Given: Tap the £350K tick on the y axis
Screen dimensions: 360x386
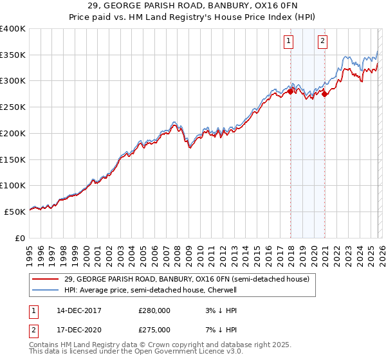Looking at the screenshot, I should click(x=13, y=55).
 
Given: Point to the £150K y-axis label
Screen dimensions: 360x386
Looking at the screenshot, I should click(x=13, y=159).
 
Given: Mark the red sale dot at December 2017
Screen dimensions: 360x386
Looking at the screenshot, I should click(x=290, y=91).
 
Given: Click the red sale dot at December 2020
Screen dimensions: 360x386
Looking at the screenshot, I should click(x=324, y=94).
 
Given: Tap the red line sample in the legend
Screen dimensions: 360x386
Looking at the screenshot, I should click(x=46, y=280).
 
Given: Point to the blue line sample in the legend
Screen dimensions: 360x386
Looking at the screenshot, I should click(x=46, y=290).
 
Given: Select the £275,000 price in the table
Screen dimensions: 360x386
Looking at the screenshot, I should click(x=154, y=330).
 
